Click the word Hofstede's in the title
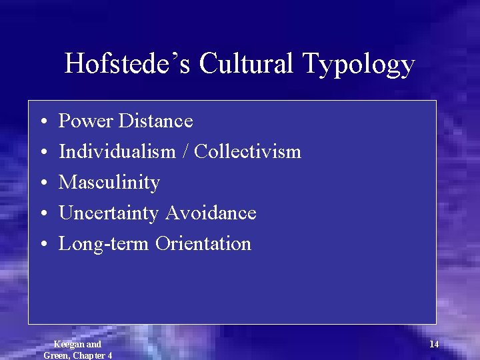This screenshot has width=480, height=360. pos(127,64)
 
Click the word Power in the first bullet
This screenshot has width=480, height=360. pos(85,121)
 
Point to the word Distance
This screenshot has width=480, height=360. pos(155,121)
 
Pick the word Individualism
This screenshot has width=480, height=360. pos(123,152)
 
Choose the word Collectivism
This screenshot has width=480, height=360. pos(248,152)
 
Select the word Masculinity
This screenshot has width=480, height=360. pos(109,183)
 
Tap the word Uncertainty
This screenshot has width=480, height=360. pos(109,213)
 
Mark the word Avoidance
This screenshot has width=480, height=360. pos(211,213)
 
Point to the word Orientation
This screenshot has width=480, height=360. pos(203,244)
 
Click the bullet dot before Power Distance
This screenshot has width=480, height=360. pos(42,122)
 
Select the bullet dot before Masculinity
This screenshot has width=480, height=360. pos(42,183)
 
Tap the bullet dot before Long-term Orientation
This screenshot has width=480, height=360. pos(42,245)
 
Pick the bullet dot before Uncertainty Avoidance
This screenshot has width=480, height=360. pos(42,214)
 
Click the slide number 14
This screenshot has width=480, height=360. pos(434,344)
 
